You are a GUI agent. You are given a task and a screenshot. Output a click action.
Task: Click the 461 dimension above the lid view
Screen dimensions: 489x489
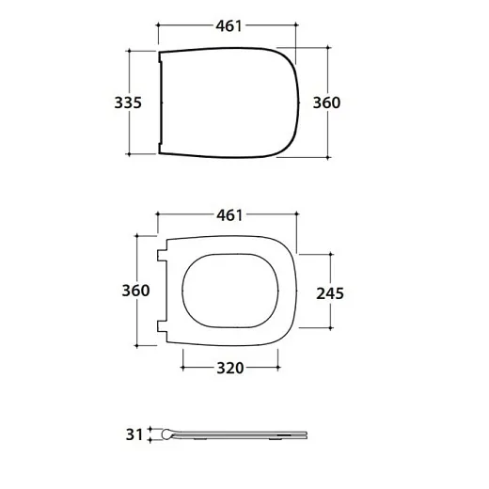pyautogui.click(x=229, y=25)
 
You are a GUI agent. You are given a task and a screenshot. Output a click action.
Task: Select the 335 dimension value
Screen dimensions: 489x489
pyautogui.click(x=128, y=103)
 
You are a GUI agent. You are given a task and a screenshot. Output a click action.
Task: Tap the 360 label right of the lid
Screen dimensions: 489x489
pyautogui.click(x=326, y=103)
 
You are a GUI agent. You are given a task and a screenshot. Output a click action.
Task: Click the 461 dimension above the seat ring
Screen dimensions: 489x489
pyautogui.click(x=229, y=215)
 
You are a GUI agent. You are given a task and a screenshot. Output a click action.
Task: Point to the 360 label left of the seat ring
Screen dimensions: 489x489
pyautogui.click(x=135, y=291)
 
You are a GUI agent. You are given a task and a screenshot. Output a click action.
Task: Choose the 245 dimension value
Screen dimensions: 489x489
pyautogui.click(x=330, y=293)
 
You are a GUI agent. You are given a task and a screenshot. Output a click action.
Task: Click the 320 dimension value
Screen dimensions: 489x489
pyautogui.click(x=230, y=368)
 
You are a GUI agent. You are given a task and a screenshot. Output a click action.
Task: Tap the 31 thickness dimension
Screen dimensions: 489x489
pyautogui.click(x=134, y=434)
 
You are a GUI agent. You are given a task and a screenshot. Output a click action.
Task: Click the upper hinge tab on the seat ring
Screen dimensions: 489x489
pyautogui.click(x=162, y=255)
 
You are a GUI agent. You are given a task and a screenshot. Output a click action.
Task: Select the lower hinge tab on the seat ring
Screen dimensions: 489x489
pyautogui.click(x=162, y=326)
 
